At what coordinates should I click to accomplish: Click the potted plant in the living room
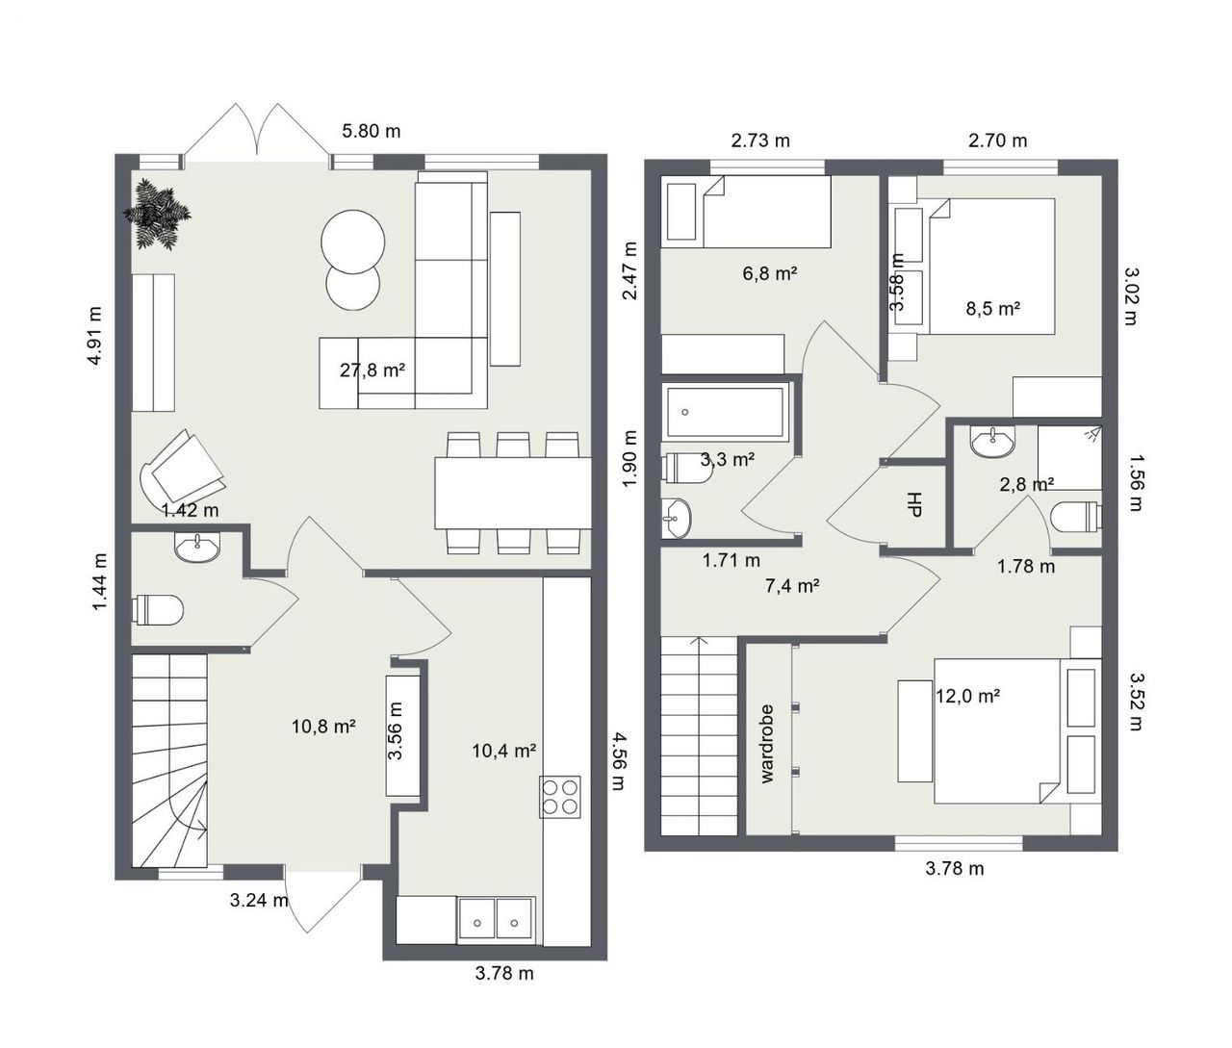(157, 215)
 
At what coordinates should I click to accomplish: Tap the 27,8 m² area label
(372, 371)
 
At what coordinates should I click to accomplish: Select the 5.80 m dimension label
(371, 131)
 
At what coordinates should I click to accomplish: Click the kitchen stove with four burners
(559, 797)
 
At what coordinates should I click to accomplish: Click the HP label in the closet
(914, 504)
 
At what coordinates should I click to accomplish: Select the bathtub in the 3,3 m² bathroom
(726, 412)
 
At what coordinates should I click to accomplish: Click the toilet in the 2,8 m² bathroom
(1076, 516)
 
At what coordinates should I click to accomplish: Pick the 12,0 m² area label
(967, 695)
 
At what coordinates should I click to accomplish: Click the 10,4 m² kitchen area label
(503, 751)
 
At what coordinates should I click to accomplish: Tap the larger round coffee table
(353, 242)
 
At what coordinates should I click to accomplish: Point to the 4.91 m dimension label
(94, 336)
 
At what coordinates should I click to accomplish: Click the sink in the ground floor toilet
(197, 547)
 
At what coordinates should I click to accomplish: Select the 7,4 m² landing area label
(791, 586)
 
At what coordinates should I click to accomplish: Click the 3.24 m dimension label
(259, 900)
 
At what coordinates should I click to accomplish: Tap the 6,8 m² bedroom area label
(770, 273)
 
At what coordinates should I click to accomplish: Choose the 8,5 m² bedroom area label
(992, 309)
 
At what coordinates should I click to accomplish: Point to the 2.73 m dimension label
(760, 141)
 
